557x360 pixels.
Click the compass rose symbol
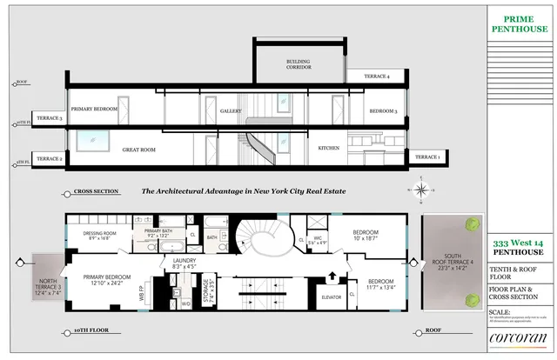[x=420, y=190]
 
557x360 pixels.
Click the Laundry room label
[x=184, y=263]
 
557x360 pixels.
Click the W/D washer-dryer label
[x=185, y=303]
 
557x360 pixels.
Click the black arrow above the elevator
[x=331, y=277]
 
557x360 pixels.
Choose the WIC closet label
[x=319, y=239]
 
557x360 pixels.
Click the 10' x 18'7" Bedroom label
[x=366, y=235]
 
